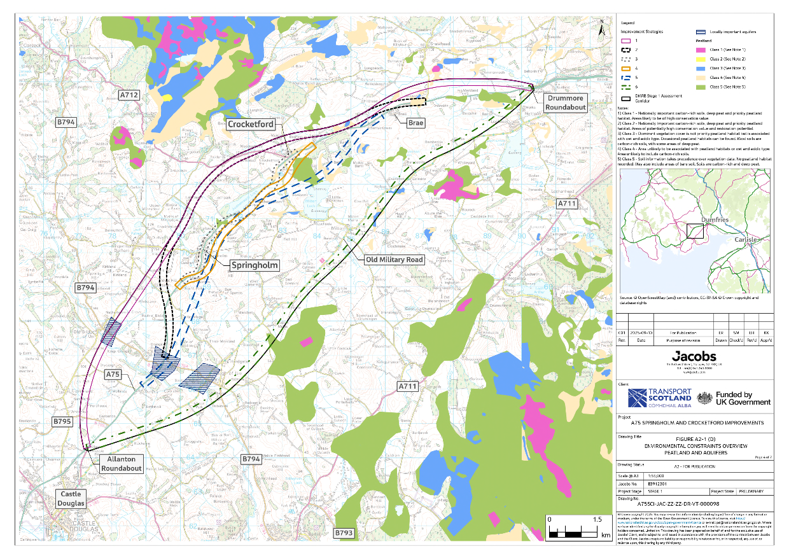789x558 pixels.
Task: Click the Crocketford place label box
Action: pos(253,124)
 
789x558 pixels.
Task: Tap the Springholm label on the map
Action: pos(255,264)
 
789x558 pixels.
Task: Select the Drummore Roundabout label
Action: pos(565,103)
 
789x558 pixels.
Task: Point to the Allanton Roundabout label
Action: pos(121,463)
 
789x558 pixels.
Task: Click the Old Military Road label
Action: pos(394,260)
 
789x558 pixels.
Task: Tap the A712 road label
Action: pos(129,95)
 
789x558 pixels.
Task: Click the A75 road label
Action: pos(113,375)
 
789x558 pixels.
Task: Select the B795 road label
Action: pos(63,422)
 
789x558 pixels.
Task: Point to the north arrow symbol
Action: pos(602,28)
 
